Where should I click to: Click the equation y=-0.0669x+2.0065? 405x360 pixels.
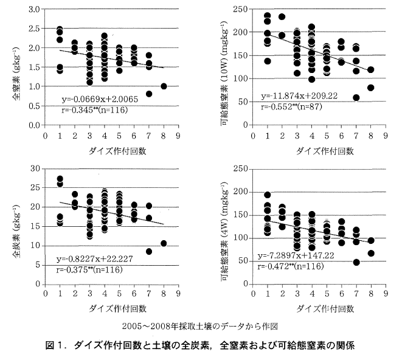click(101, 99)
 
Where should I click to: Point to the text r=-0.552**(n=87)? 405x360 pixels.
click(294, 106)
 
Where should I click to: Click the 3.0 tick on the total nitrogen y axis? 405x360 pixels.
click(35, 10)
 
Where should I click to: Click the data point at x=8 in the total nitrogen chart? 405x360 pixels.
click(163, 86)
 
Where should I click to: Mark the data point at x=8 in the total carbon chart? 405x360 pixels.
click(163, 244)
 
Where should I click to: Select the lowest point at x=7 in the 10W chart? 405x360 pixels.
click(356, 98)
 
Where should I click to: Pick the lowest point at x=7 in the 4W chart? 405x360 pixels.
click(356, 263)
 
